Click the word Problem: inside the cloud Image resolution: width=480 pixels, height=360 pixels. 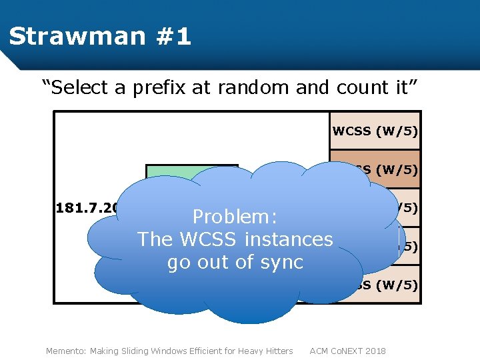pos(235,217)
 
